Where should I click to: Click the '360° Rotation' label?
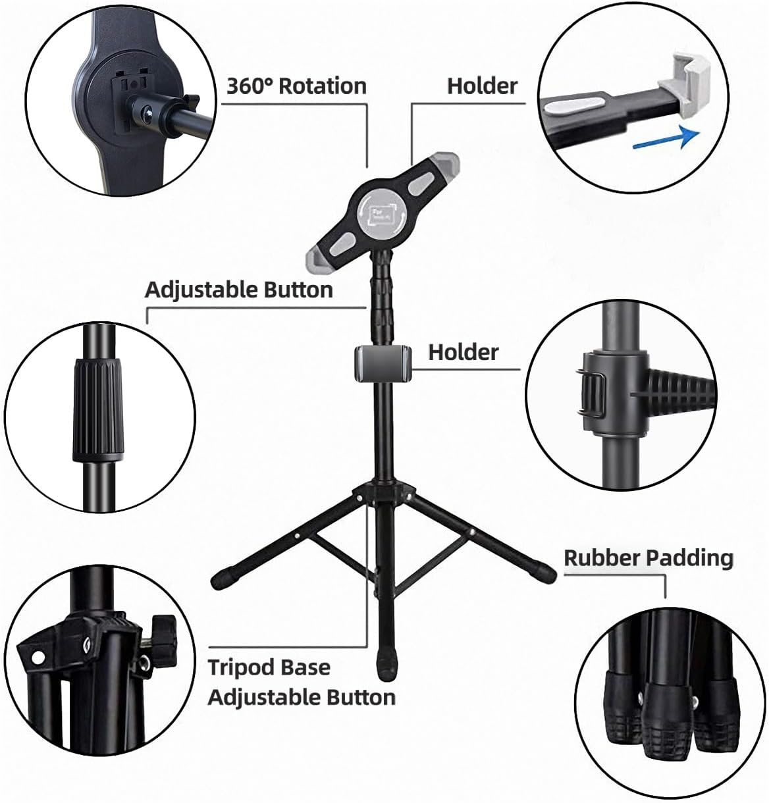[296, 86]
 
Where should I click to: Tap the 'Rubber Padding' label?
[648, 558]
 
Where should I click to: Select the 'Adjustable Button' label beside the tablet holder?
[238, 290]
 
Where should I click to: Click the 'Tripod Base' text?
[269, 667]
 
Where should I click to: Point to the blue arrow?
[664, 138]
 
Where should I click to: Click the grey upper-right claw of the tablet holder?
[442, 161]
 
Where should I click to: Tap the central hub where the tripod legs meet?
[383, 494]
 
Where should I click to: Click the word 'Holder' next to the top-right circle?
[482, 86]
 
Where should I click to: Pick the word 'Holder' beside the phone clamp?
[464, 352]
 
